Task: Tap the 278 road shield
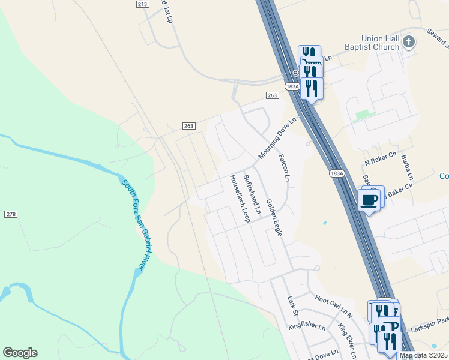tap(11, 214)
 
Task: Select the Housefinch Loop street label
tap(238, 199)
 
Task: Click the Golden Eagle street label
tap(274, 217)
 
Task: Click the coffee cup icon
tap(369, 199)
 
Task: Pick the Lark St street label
tap(292, 305)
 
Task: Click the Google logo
tap(20, 353)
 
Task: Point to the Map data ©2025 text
tap(424, 355)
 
